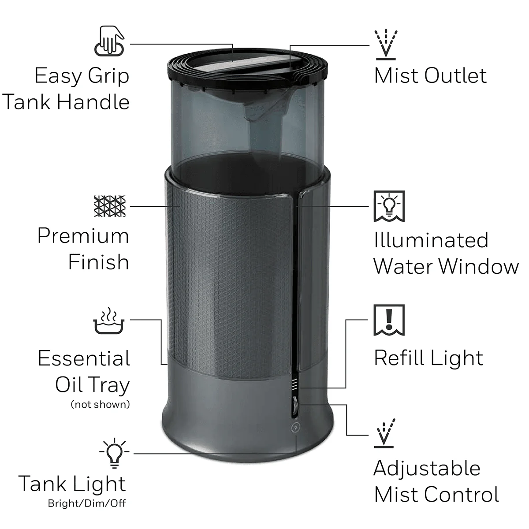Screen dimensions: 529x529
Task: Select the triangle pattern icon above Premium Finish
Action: (x=110, y=206)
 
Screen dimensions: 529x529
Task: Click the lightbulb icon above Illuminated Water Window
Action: (x=389, y=206)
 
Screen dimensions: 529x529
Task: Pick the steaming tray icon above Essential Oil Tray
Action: (x=109, y=321)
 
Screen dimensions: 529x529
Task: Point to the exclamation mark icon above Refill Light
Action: (x=389, y=320)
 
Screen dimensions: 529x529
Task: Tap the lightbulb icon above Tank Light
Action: (x=114, y=453)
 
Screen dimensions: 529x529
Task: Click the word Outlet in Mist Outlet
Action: (x=455, y=76)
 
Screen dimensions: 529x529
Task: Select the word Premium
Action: (x=83, y=236)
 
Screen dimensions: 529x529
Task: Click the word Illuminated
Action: (x=431, y=241)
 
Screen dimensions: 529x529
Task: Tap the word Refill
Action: (x=399, y=358)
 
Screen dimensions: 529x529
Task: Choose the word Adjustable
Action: (x=427, y=468)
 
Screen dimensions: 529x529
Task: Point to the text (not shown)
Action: (x=101, y=404)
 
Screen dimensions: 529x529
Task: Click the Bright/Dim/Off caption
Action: (x=87, y=503)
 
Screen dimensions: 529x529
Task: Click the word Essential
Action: (x=84, y=358)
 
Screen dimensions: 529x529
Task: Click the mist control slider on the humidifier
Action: (x=294, y=402)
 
